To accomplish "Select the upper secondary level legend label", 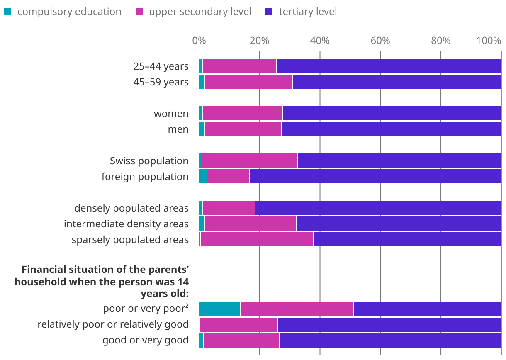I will [200, 12].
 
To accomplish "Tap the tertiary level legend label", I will [308, 12].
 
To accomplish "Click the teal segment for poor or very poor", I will [219, 309].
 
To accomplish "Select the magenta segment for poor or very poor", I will [297, 309].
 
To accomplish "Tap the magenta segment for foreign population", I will [228, 177].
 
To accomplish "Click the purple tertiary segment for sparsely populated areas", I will [407, 240].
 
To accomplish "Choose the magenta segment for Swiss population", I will [250, 161].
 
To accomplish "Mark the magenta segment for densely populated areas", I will [229, 208].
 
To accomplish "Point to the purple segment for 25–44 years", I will [389, 66].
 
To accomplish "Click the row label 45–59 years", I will [161, 82].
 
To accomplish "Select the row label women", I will [171, 114].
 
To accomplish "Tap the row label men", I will [178, 129].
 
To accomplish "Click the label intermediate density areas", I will [126, 224].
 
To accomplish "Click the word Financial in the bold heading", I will [43, 270].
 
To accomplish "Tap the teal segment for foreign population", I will [203, 177].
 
